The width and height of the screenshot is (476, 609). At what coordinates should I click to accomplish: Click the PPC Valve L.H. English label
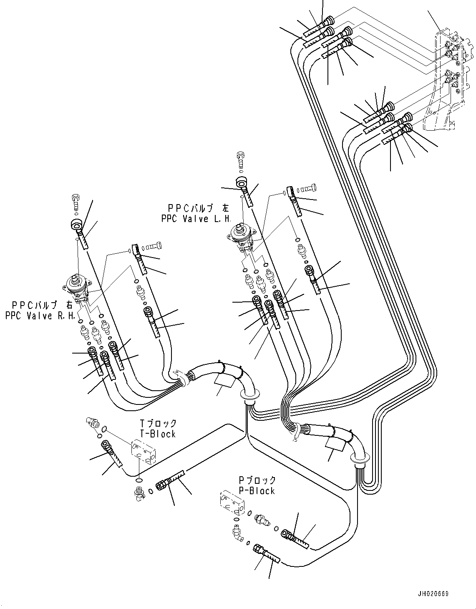point(196,219)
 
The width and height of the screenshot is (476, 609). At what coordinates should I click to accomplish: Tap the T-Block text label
point(157,434)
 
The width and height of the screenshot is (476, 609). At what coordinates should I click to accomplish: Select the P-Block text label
point(257,490)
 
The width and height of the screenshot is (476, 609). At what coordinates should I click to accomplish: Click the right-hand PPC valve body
point(78,288)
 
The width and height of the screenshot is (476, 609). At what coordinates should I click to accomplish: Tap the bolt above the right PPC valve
point(75,202)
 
